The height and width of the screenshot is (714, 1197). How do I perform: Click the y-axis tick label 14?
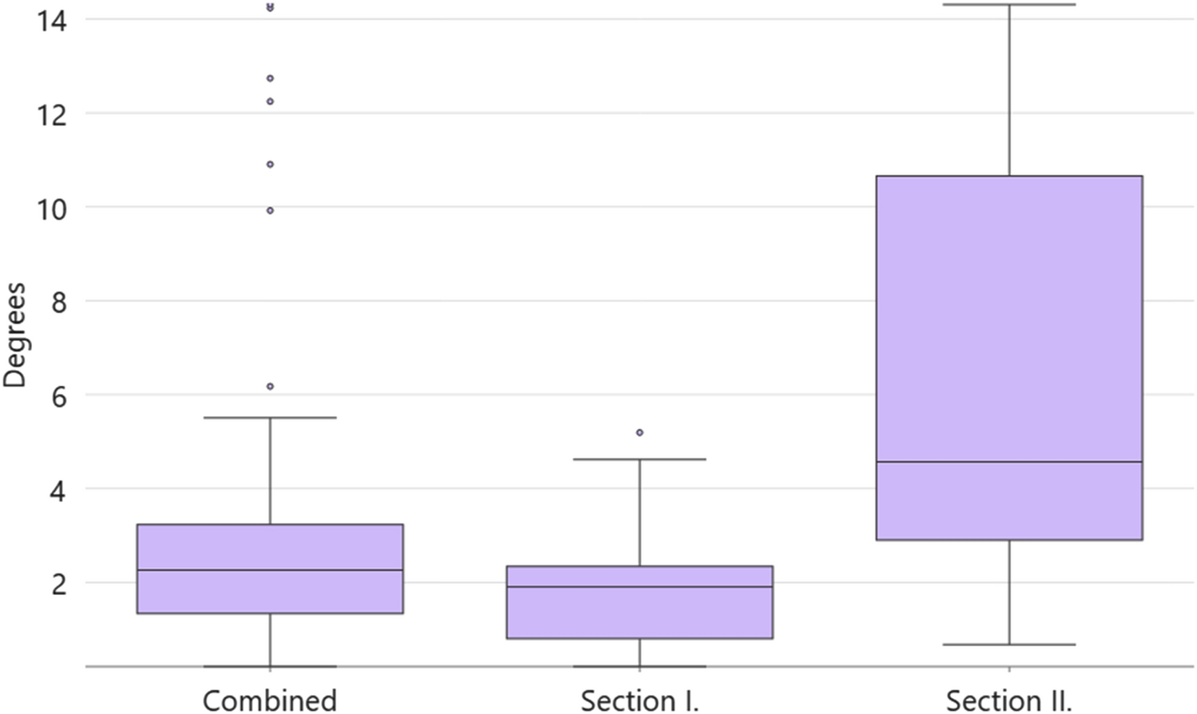51,19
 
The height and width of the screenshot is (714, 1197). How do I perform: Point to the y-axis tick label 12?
51,113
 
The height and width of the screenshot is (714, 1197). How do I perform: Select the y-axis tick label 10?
51,208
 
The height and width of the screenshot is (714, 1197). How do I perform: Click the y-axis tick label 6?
57,395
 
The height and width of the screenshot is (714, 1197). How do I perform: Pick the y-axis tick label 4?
57,489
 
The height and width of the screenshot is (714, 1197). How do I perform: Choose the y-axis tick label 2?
57,583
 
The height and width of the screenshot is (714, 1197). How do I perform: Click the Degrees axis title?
14,335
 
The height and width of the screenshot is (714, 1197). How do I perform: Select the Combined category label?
270,700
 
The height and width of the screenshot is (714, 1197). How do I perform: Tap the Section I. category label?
639,700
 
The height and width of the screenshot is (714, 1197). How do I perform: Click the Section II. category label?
1009,700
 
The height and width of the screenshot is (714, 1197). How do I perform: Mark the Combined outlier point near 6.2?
270,387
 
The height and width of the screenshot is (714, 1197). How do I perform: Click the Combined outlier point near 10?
270,211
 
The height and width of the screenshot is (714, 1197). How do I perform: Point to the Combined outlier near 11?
270,165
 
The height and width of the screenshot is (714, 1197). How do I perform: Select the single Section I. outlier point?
640,433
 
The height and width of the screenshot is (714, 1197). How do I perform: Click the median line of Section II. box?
1009,462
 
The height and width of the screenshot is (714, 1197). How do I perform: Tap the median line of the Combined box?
270,570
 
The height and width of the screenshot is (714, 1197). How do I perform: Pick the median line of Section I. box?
640,587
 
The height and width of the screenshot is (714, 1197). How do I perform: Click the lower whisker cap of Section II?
1009,645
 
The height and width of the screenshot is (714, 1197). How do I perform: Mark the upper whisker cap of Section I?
640,459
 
